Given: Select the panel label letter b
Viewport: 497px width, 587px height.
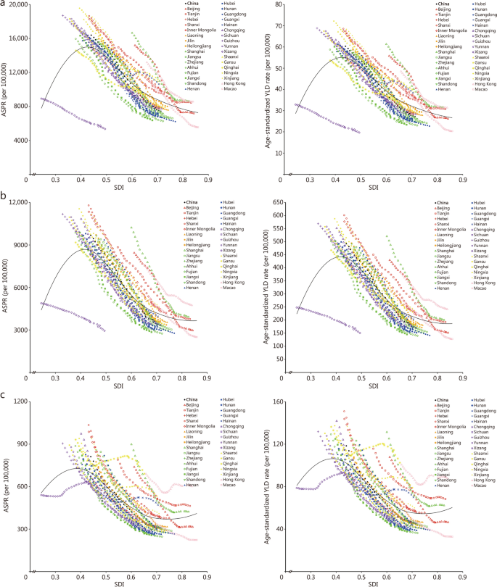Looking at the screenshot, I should tap(4, 196).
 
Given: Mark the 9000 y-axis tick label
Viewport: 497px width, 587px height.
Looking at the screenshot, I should tap(19, 244).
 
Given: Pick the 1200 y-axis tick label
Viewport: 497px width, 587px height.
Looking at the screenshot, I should tap(19, 401).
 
